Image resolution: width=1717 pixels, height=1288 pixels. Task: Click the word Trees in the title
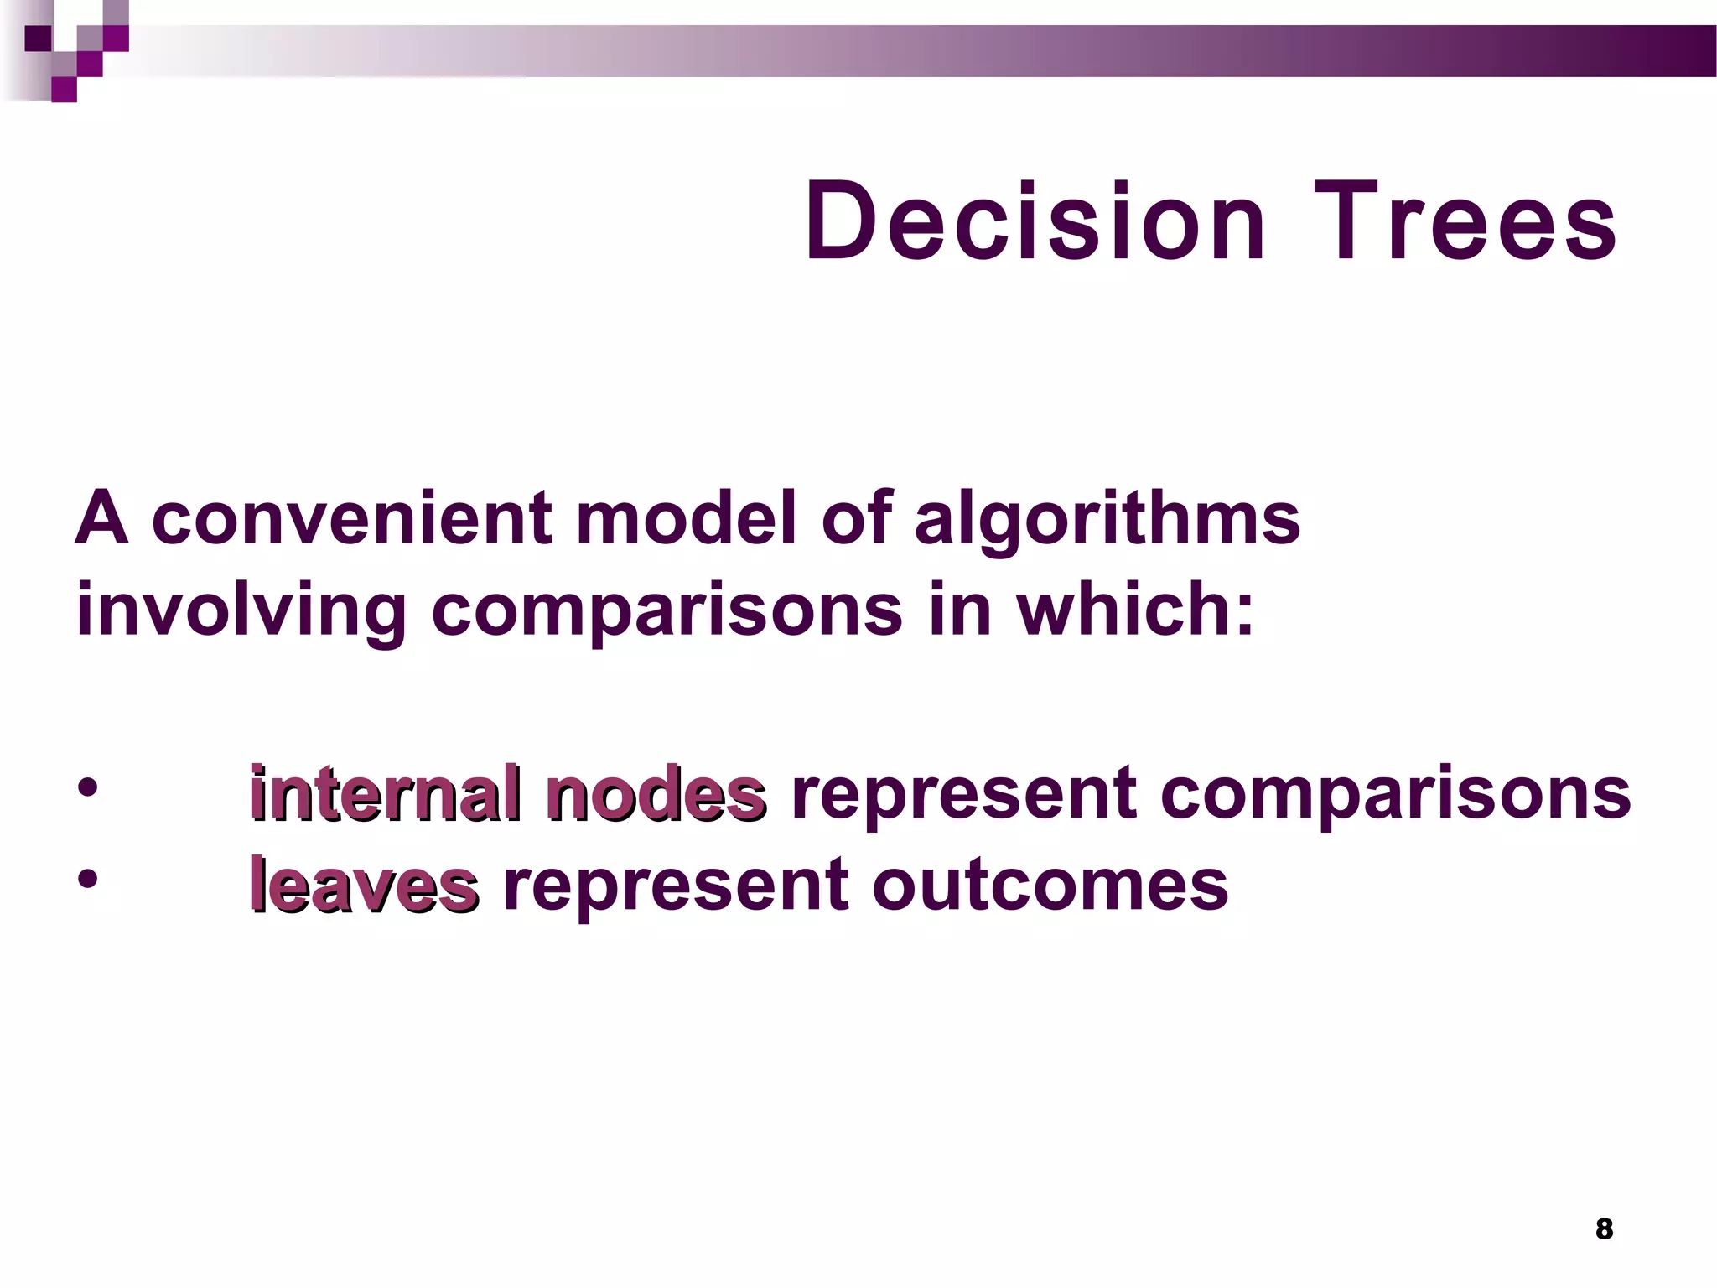1465,222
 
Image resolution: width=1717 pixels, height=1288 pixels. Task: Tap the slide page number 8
1604,1228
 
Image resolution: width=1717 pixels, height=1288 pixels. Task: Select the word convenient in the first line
352,518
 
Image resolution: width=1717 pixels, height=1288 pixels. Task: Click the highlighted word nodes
656,792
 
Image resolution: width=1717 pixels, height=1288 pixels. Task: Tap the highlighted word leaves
364,885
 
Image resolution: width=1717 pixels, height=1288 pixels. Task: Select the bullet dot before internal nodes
87,788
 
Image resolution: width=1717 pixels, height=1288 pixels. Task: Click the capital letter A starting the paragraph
101,518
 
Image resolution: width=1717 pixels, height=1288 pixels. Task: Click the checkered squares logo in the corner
75,50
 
